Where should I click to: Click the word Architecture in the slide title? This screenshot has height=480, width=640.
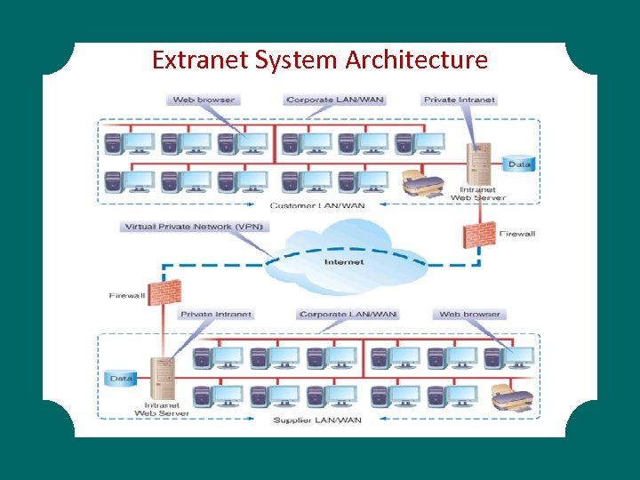coord(417,60)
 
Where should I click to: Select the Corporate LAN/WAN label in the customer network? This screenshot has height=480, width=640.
coord(334,100)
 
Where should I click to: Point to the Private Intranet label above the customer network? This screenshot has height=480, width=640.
coord(459,100)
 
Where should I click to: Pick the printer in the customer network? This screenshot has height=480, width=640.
coord(422,184)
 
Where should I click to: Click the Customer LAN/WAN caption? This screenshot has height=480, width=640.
coord(317,205)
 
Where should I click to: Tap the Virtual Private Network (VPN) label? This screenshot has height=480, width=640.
coord(192,227)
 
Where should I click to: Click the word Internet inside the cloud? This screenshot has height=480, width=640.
coord(343,262)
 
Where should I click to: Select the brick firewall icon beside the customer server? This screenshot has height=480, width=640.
coord(477,234)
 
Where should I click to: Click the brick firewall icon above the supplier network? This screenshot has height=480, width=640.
coord(164,292)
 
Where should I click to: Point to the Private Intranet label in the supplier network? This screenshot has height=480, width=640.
coord(216,314)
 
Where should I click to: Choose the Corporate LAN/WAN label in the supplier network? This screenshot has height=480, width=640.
coord(348,314)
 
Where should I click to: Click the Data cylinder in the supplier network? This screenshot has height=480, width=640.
coord(121,379)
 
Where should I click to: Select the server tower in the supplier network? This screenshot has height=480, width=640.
coord(163,379)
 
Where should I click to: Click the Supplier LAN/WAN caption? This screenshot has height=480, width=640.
coord(317,420)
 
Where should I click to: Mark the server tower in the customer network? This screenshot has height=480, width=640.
coord(478,164)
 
